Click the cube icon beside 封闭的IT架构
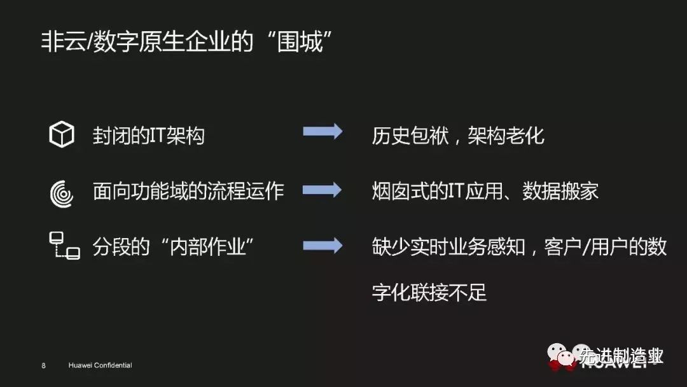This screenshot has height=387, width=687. (62, 135)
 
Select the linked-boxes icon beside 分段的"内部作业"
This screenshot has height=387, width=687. (64, 246)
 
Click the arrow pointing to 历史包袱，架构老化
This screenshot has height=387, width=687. (323, 132)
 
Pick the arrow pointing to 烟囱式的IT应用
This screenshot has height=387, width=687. (323, 190)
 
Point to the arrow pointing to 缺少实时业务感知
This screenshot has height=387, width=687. (323, 246)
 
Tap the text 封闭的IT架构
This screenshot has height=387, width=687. (149, 135)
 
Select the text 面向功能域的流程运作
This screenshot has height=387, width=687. (188, 191)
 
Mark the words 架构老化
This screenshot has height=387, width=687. (506, 135)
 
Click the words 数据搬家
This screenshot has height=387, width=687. (560, 191)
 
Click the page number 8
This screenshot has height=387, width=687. (43, 366)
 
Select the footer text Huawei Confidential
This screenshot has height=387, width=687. (100, 366)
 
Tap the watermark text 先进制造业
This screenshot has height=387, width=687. (621, 357)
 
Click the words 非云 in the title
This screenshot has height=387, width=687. (62, 43)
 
